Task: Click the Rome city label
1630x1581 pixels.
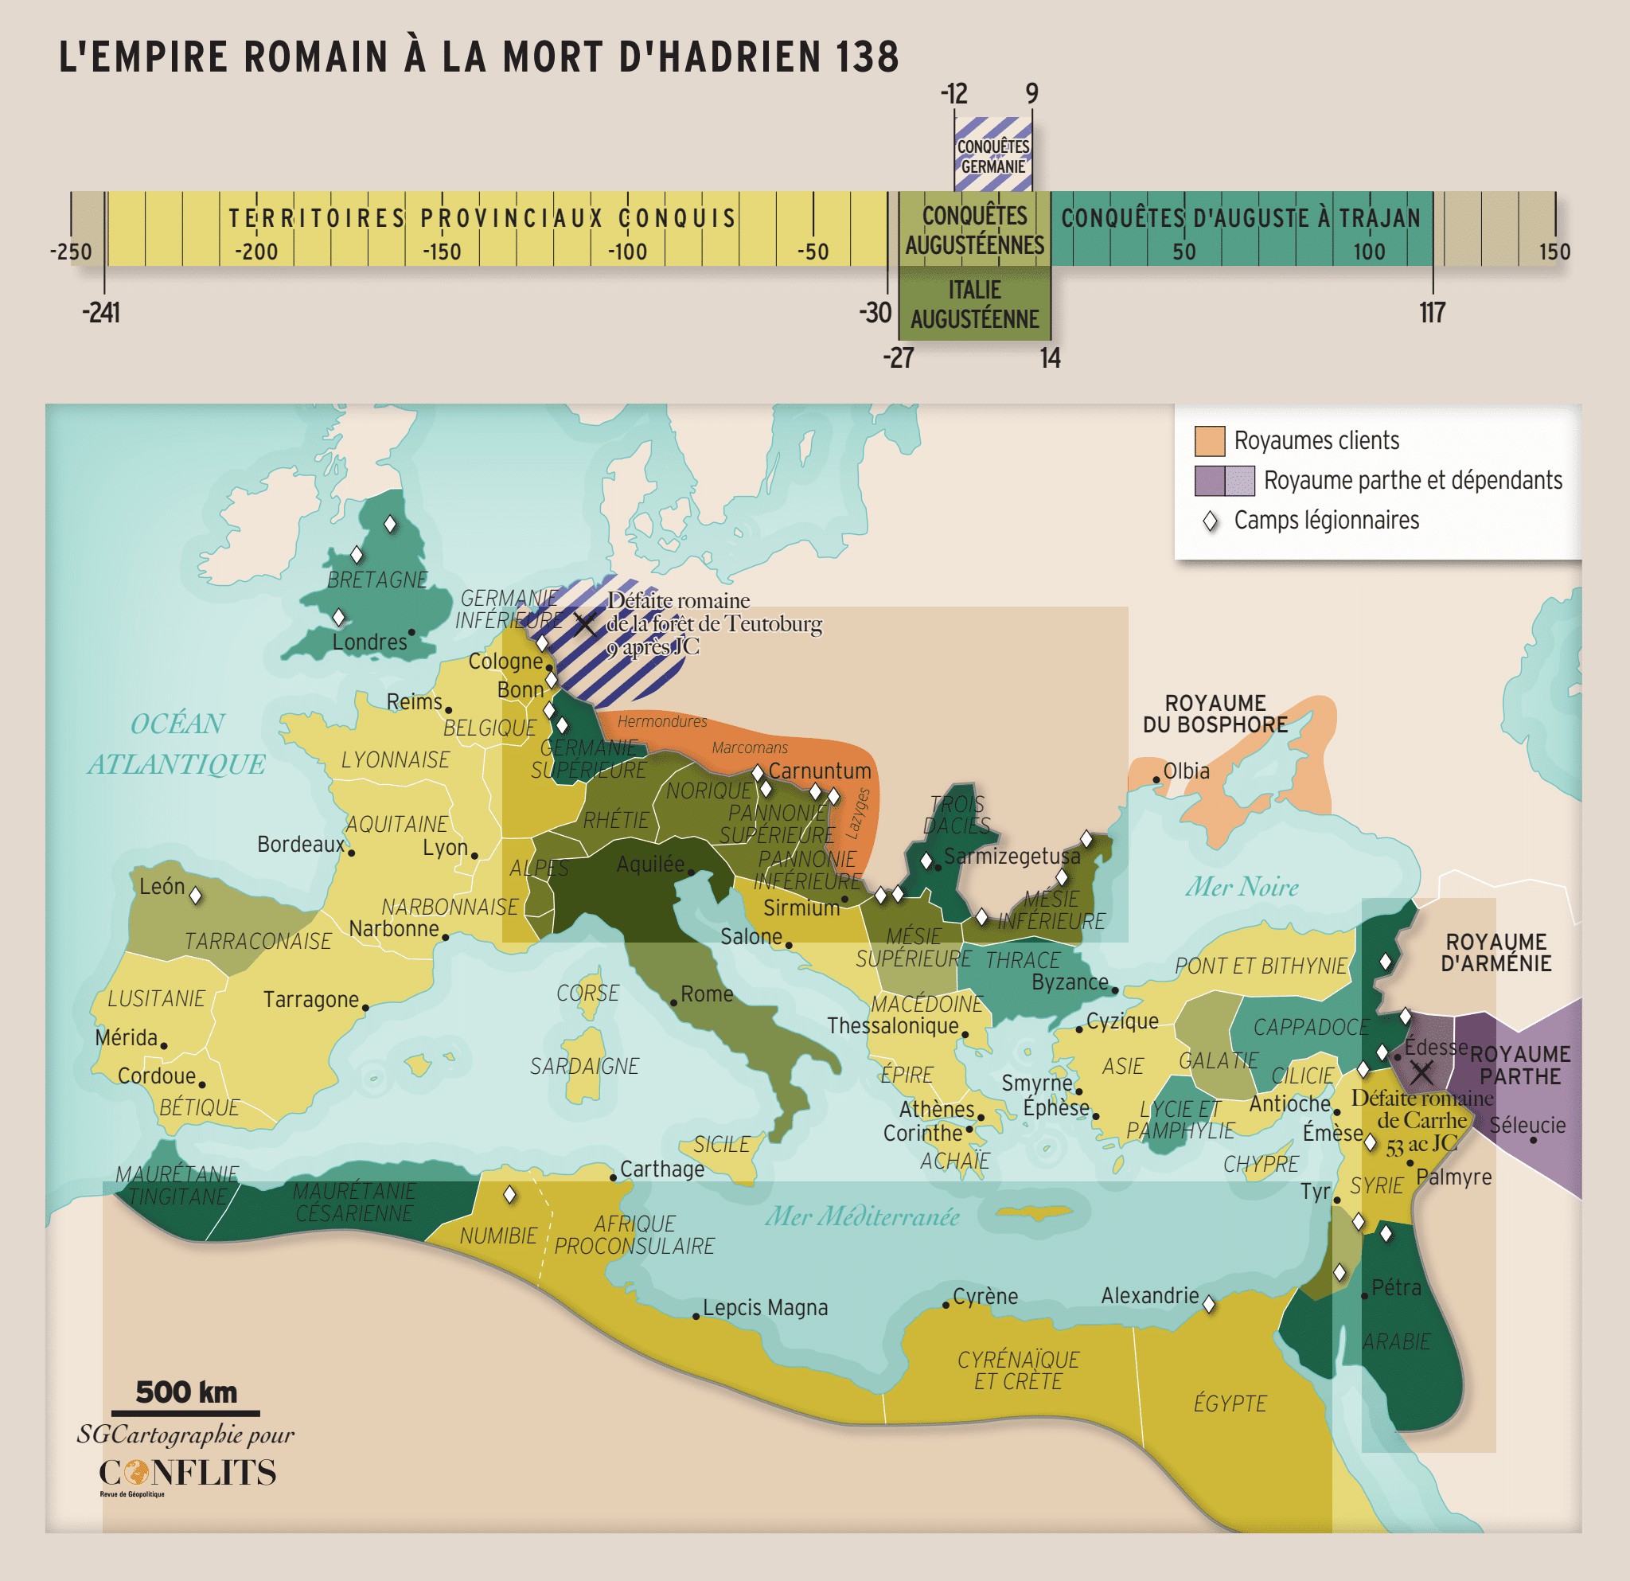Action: pos(706,993)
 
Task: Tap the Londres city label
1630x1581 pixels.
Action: pos(370,642)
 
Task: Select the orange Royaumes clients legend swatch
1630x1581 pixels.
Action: pos(1209,441)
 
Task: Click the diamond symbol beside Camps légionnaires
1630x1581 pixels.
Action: pos(1211,521)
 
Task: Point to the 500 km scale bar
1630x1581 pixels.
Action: pos(185,1412)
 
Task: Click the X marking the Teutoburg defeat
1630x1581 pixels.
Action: pos(585,624)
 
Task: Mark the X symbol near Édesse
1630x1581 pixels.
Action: pos(1421,1073)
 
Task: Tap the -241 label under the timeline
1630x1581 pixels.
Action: pos(101,314)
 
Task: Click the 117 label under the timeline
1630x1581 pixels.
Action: pos(1431,314)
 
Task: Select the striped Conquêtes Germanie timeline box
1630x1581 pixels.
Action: pos(993,154)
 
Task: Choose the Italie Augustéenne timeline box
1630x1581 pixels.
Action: pos(975,303)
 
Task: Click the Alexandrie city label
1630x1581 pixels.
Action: pos(1149,1296)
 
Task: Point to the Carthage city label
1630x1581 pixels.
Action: pos(662,1169)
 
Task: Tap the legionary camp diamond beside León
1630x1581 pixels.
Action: pos(196,896)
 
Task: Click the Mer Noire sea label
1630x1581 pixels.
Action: pos(1242,887)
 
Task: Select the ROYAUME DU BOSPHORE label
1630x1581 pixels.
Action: pos(1215,713)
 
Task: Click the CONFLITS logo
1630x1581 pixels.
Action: pos(187,1473)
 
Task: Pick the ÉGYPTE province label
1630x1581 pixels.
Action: pos(1229,1403)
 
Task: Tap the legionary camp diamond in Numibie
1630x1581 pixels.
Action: pos(510,1195)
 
